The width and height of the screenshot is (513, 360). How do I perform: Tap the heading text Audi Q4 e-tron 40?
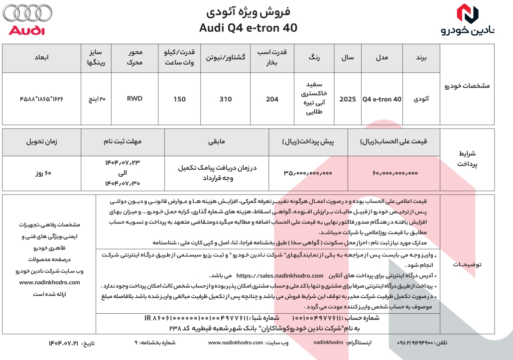tap(248, 28)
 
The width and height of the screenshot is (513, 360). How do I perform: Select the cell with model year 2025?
tap(347, 99)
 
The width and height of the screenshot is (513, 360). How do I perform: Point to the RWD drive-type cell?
tap(134, 99)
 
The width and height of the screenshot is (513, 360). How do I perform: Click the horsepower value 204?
tap(272, 99)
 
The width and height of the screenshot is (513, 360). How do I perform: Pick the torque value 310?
tap(226, 99)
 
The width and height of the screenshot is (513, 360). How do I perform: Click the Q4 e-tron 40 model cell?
tap(382, 99)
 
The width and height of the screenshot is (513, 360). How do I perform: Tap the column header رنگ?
tap(315, 58)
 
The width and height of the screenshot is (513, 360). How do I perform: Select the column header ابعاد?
tap(41, 58)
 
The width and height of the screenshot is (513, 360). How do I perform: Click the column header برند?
tap(421, 58)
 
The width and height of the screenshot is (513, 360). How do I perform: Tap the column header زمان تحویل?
tap(41, 141)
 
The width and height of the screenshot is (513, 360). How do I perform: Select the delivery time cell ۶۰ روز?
tap(41, 173)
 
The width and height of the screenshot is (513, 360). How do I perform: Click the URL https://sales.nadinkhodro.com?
tap(280, 275)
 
